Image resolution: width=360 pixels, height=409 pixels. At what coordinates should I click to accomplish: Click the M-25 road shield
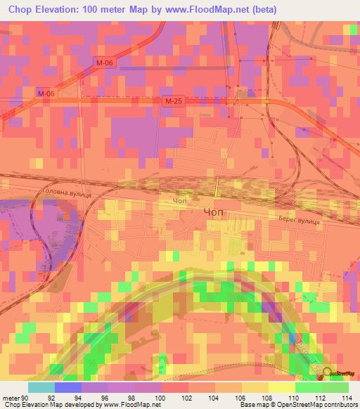(174, 102)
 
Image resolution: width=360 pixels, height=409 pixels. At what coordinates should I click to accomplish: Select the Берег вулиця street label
(299, 220)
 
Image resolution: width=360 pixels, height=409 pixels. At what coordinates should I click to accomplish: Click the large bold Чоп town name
(215, 210)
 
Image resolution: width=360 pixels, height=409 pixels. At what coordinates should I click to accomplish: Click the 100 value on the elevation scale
(161, 397)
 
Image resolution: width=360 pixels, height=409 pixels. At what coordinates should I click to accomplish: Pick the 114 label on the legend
(347, 397)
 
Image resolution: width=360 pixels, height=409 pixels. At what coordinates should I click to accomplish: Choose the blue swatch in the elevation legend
(68, 387)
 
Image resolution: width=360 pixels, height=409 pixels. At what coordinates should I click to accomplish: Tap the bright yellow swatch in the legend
(282, 387)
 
